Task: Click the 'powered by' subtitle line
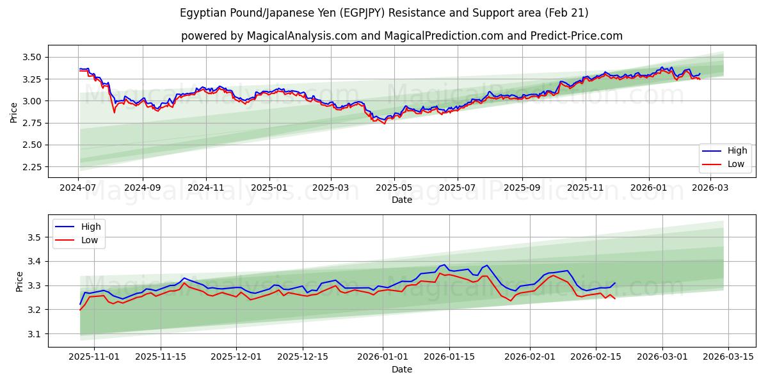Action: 401,36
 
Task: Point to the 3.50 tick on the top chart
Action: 31,57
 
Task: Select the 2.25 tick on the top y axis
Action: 31,167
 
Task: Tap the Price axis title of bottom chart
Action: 19,281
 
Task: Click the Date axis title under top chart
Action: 401,200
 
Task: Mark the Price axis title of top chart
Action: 14,112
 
